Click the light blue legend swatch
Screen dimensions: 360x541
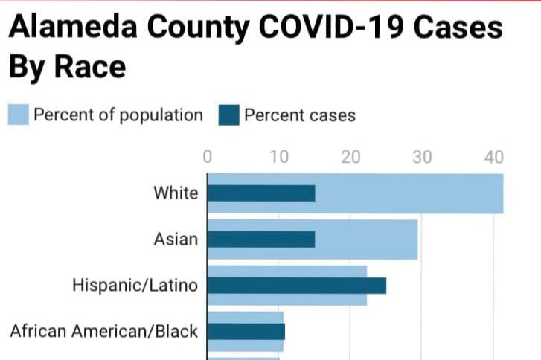[19, 115]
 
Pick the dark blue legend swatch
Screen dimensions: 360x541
[228, 115]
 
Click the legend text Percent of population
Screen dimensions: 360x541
[118, 115]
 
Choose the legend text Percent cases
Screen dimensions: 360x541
[300, 115]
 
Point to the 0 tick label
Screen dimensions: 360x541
[208, 158]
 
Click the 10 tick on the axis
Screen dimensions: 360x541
[279, 158]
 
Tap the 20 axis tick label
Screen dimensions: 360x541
[351, 158]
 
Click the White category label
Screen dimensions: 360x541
[176, 193]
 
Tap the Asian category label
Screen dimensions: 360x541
[176, 240]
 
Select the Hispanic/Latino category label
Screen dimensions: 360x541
[135, 285]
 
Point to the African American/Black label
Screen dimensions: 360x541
[104, 331]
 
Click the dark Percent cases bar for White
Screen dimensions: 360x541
[261, 193]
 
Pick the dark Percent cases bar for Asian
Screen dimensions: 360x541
[261, 240]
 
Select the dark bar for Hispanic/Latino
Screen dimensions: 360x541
[297, 286]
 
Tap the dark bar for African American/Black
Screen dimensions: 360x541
[246, 332]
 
